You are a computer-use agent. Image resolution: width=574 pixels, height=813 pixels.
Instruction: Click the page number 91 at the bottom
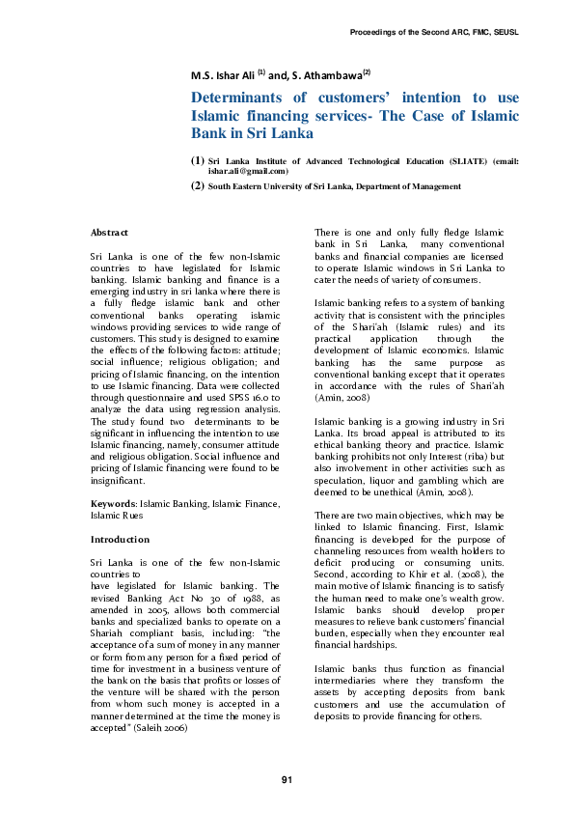[x=287, y=779]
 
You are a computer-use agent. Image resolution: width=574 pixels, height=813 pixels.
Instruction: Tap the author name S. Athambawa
[x=331, y=74]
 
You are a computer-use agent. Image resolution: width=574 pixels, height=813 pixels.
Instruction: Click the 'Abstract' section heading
[x=109, y=234]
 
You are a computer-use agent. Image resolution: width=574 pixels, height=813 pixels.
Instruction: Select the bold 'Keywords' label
[x=113, y=504]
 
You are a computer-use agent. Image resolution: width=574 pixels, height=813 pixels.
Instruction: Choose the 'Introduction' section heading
[x=120, y=539]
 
